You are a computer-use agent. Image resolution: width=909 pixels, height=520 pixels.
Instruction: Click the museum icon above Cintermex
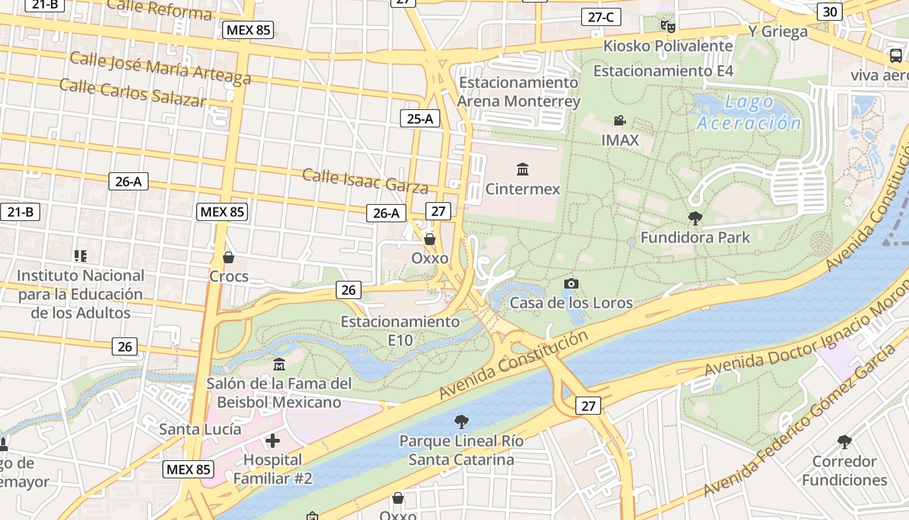click(523, 170)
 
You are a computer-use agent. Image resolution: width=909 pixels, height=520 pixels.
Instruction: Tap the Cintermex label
click(523, 189)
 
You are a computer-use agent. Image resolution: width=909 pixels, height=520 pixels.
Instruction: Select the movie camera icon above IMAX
click(619, 120)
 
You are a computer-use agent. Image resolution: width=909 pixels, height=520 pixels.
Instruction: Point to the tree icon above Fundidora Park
click(695, 218)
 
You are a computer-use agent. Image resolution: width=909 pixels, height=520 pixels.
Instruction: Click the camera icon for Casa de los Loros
click(571, 283)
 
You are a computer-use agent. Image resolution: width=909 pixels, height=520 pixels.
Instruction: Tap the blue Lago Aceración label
click(748, 112)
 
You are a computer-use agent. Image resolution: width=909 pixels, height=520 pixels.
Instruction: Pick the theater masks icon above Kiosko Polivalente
click(667, 27)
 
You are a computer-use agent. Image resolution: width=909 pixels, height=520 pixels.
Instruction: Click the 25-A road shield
click(420, 118)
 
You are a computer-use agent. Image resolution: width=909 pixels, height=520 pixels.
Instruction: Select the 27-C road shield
click(601, 17)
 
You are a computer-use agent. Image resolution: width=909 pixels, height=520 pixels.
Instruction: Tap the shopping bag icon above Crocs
click(228, 257)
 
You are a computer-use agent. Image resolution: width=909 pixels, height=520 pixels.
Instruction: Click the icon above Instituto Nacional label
click(80, 256)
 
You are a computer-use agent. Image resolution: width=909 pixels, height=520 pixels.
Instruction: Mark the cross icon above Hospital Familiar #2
click(273, 441)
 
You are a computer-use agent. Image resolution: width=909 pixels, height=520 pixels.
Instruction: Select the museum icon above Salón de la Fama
click(279, 364)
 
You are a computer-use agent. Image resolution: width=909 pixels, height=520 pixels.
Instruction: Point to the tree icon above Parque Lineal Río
click(461, 422)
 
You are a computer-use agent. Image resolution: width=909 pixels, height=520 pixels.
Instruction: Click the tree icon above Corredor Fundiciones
click(844, 443)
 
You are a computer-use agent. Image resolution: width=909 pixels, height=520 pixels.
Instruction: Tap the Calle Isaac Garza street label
click(365, 181)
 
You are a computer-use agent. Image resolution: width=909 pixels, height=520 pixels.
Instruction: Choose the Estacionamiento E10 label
click(400, 330)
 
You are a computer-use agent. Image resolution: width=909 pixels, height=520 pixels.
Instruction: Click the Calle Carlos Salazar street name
click(132, 92)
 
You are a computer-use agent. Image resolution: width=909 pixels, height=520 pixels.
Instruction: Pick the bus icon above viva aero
click(896, 56)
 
